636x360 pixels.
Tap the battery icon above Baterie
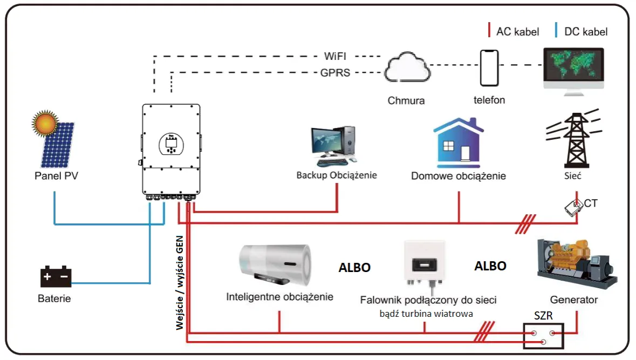click(56, 276)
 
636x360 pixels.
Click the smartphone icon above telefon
click(489, 69)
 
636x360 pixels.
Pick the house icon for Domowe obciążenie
click(459, 141)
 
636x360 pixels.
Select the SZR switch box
click(543, 336)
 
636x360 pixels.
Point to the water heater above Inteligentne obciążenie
click(275, 264)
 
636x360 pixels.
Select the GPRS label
click(335, 73)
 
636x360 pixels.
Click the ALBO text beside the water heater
click(354, 268)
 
